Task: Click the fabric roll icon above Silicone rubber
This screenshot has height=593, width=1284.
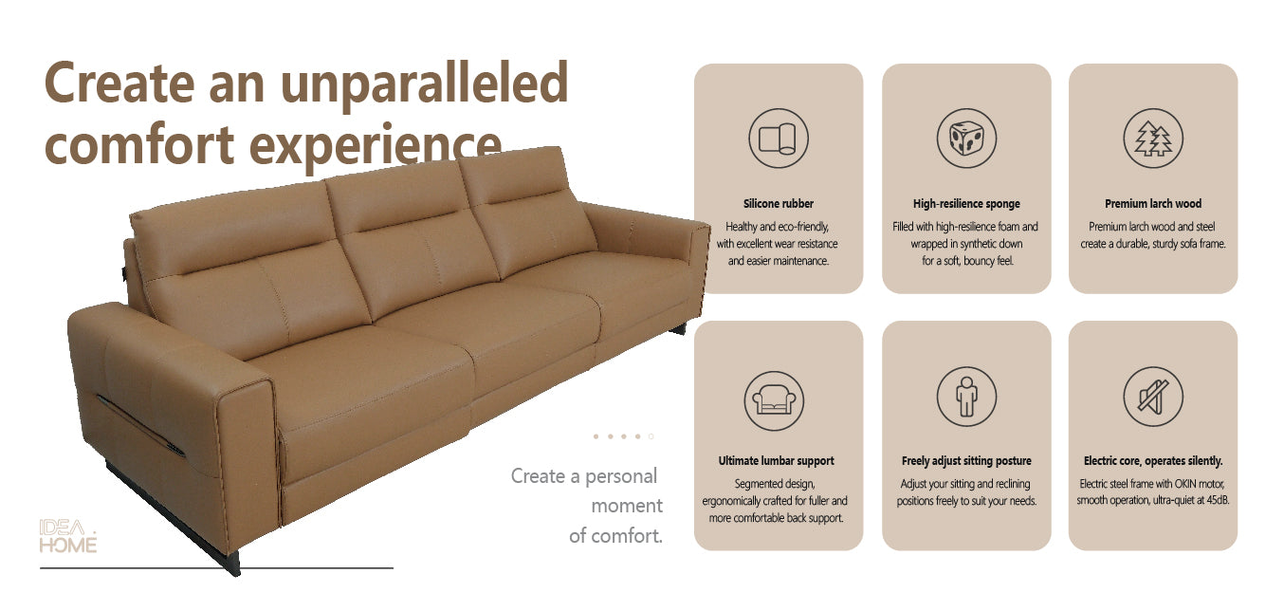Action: [x=778, y=139]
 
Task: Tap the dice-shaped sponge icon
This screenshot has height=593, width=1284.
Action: [x=966, y=139]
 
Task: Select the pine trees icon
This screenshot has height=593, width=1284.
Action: [x=1153, y=139]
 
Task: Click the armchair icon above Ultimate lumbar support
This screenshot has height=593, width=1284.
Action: [x=774, y=400]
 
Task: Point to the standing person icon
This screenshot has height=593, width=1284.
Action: [x=966, y=397]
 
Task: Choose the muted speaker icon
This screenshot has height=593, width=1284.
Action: [x=1153, y=397]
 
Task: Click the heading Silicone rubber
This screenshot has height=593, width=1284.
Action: [x=778, y=204]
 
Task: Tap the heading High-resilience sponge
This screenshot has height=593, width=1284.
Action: [x=966, y=204]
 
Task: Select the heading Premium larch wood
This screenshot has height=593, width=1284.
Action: [x=1153, y=204]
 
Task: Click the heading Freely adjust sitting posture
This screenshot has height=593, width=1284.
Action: [x=966, y=461]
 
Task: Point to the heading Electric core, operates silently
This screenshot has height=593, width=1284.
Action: [x=1153, y=461]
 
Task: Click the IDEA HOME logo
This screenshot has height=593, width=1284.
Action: [x=67, y=536]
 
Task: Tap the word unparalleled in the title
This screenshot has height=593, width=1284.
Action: [x=424, y=84]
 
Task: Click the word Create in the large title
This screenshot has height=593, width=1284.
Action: [x=119, y=83]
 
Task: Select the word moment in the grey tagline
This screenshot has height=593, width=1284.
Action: [x=627, y=506]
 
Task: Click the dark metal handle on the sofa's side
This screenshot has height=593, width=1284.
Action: [x=140, y=425]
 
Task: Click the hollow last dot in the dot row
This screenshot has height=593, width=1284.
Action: [x=651, y=436]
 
